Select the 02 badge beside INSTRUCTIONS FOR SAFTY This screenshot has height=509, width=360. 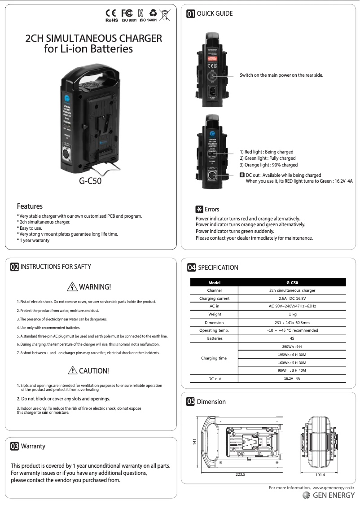[x=15, y=267]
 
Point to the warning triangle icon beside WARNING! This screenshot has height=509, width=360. [x=72, y=287]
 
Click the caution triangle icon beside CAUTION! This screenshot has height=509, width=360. [x=72, y=371]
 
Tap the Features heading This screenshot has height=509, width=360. [x=30, y=206]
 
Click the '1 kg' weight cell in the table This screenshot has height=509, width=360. [x=292, y=314]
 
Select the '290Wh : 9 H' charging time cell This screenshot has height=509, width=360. [x=292, y=347]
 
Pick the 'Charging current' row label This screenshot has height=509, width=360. [x=214, y=298]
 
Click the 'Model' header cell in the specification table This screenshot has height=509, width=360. [x=214, y=282]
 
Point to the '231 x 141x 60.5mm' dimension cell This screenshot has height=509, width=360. [x=292, y=322]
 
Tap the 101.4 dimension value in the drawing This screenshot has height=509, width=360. [x=320, y=474]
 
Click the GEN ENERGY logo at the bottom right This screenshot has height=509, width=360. [x=329, y=496]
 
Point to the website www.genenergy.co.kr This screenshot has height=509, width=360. [x=333, y=487]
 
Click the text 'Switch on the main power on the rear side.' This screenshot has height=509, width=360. [x=281, y=75]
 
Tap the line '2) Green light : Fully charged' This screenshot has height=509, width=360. [x=268, y=158]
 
